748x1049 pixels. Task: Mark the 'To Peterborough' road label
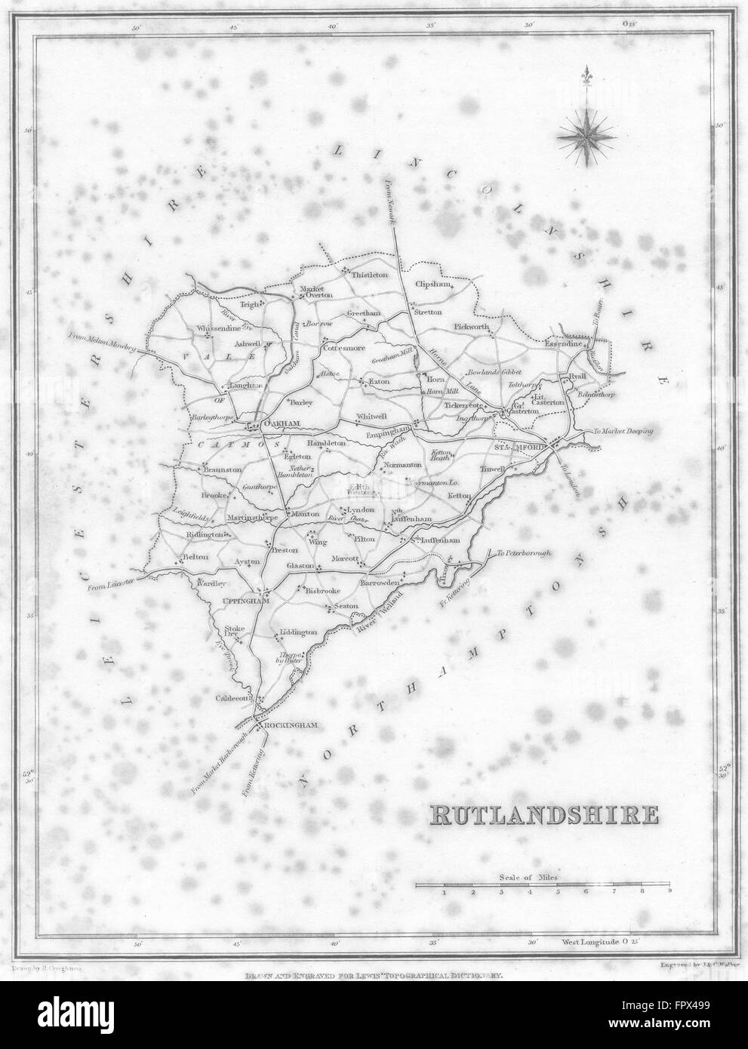tap(524, 553)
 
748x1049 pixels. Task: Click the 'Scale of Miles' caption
tap(534, 878)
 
